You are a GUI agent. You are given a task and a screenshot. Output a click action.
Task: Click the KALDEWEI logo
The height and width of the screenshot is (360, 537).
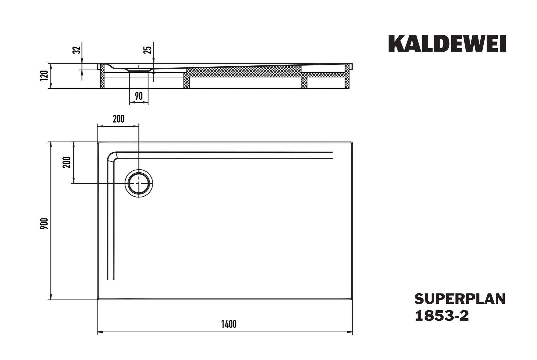point(447,44)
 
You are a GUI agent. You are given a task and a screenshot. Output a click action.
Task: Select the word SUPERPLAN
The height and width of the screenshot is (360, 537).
point(460,299)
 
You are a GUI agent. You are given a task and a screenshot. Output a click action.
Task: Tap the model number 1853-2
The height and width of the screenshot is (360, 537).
point(442,316)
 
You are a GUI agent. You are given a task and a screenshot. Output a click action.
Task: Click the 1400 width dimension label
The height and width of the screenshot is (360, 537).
point(229,324)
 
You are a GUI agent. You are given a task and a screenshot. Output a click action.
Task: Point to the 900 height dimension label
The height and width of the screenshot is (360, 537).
point(44,223)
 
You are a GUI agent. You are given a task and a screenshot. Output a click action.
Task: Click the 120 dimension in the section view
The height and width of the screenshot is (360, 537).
point(44,76)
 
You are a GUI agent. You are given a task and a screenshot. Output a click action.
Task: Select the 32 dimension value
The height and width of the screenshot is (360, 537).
point(77,50)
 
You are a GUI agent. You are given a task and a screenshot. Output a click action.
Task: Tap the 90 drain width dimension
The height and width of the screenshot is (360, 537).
point(138,96)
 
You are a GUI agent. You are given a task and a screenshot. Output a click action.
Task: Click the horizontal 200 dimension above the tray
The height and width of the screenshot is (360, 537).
point(119,119)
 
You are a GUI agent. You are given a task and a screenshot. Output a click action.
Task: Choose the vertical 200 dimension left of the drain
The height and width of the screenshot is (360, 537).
point(67,162)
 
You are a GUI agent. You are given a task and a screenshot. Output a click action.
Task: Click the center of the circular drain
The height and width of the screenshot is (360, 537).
point(138,183)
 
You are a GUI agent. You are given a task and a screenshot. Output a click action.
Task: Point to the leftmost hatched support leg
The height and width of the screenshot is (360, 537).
point(102,76)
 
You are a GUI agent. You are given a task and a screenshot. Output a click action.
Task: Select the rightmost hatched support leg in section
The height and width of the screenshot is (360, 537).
point(347,76)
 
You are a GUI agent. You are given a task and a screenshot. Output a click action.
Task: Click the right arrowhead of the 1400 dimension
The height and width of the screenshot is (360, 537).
point(350,332)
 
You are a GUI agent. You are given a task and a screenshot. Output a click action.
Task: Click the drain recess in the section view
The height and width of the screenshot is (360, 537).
point(139,70)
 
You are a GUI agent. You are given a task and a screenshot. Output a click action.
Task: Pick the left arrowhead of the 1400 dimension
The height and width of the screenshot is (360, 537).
point(100,332)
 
